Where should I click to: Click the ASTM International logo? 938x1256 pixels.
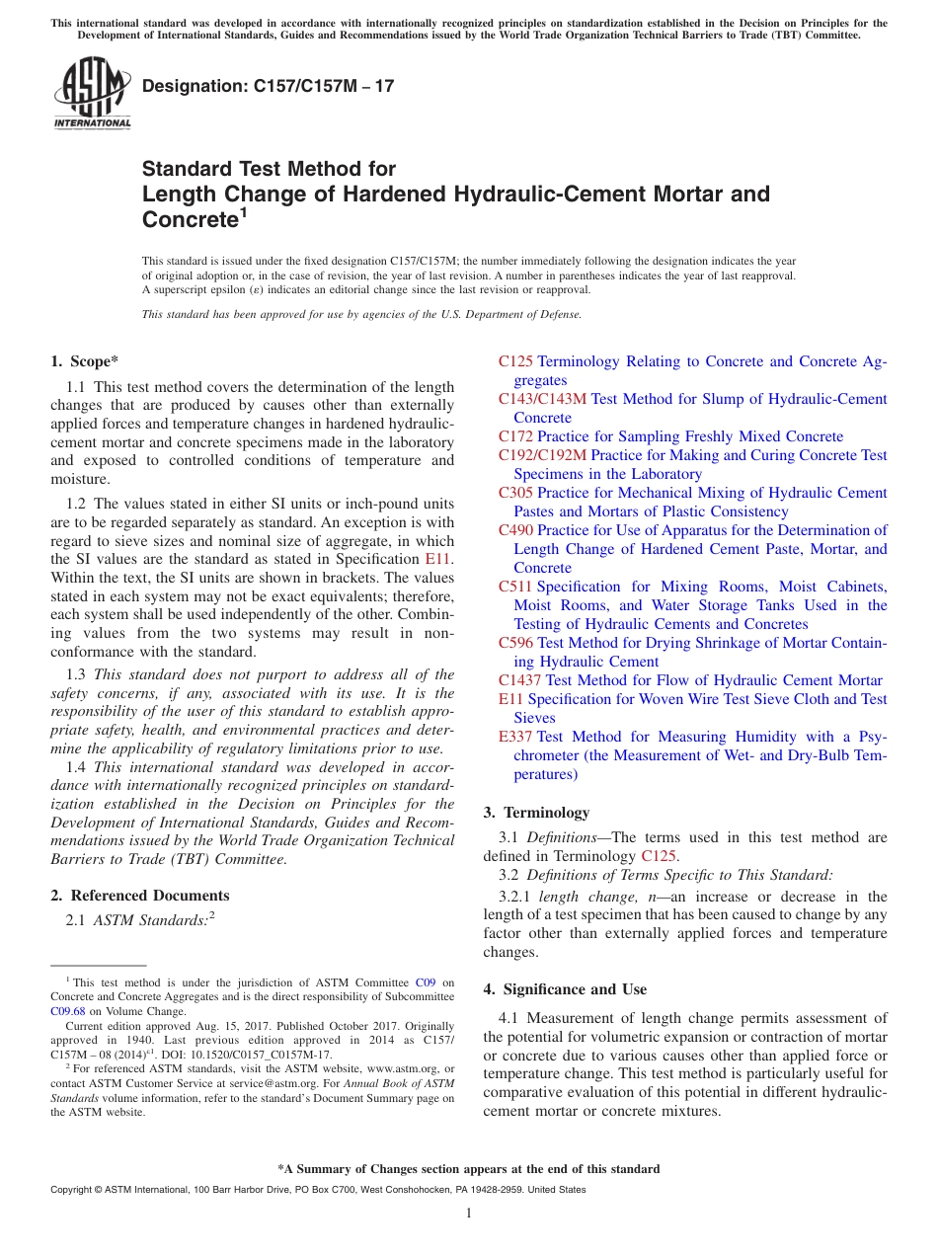click(x=92, y=94)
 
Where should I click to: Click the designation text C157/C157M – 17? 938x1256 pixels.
click(x=268, y=86)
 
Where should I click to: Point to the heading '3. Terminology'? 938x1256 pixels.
click(x=536, y=813)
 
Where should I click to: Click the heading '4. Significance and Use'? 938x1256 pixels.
click(x=565, y=989)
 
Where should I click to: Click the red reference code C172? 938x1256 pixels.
click(x=515, y=436)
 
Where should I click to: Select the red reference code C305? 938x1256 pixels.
click(x=515, y=493)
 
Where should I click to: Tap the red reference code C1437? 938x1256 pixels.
click(x=519, y=680)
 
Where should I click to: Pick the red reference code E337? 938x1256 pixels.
click(x=515, y=737)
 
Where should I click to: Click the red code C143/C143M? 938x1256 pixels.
click(x=542, y=399)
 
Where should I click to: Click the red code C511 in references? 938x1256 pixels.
click(x=515, y=587)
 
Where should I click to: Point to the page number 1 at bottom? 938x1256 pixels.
click(x=469, y=1213)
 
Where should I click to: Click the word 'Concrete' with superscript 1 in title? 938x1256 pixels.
click(x=191, y=219)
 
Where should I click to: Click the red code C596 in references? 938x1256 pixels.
click(x=515, y=643)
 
